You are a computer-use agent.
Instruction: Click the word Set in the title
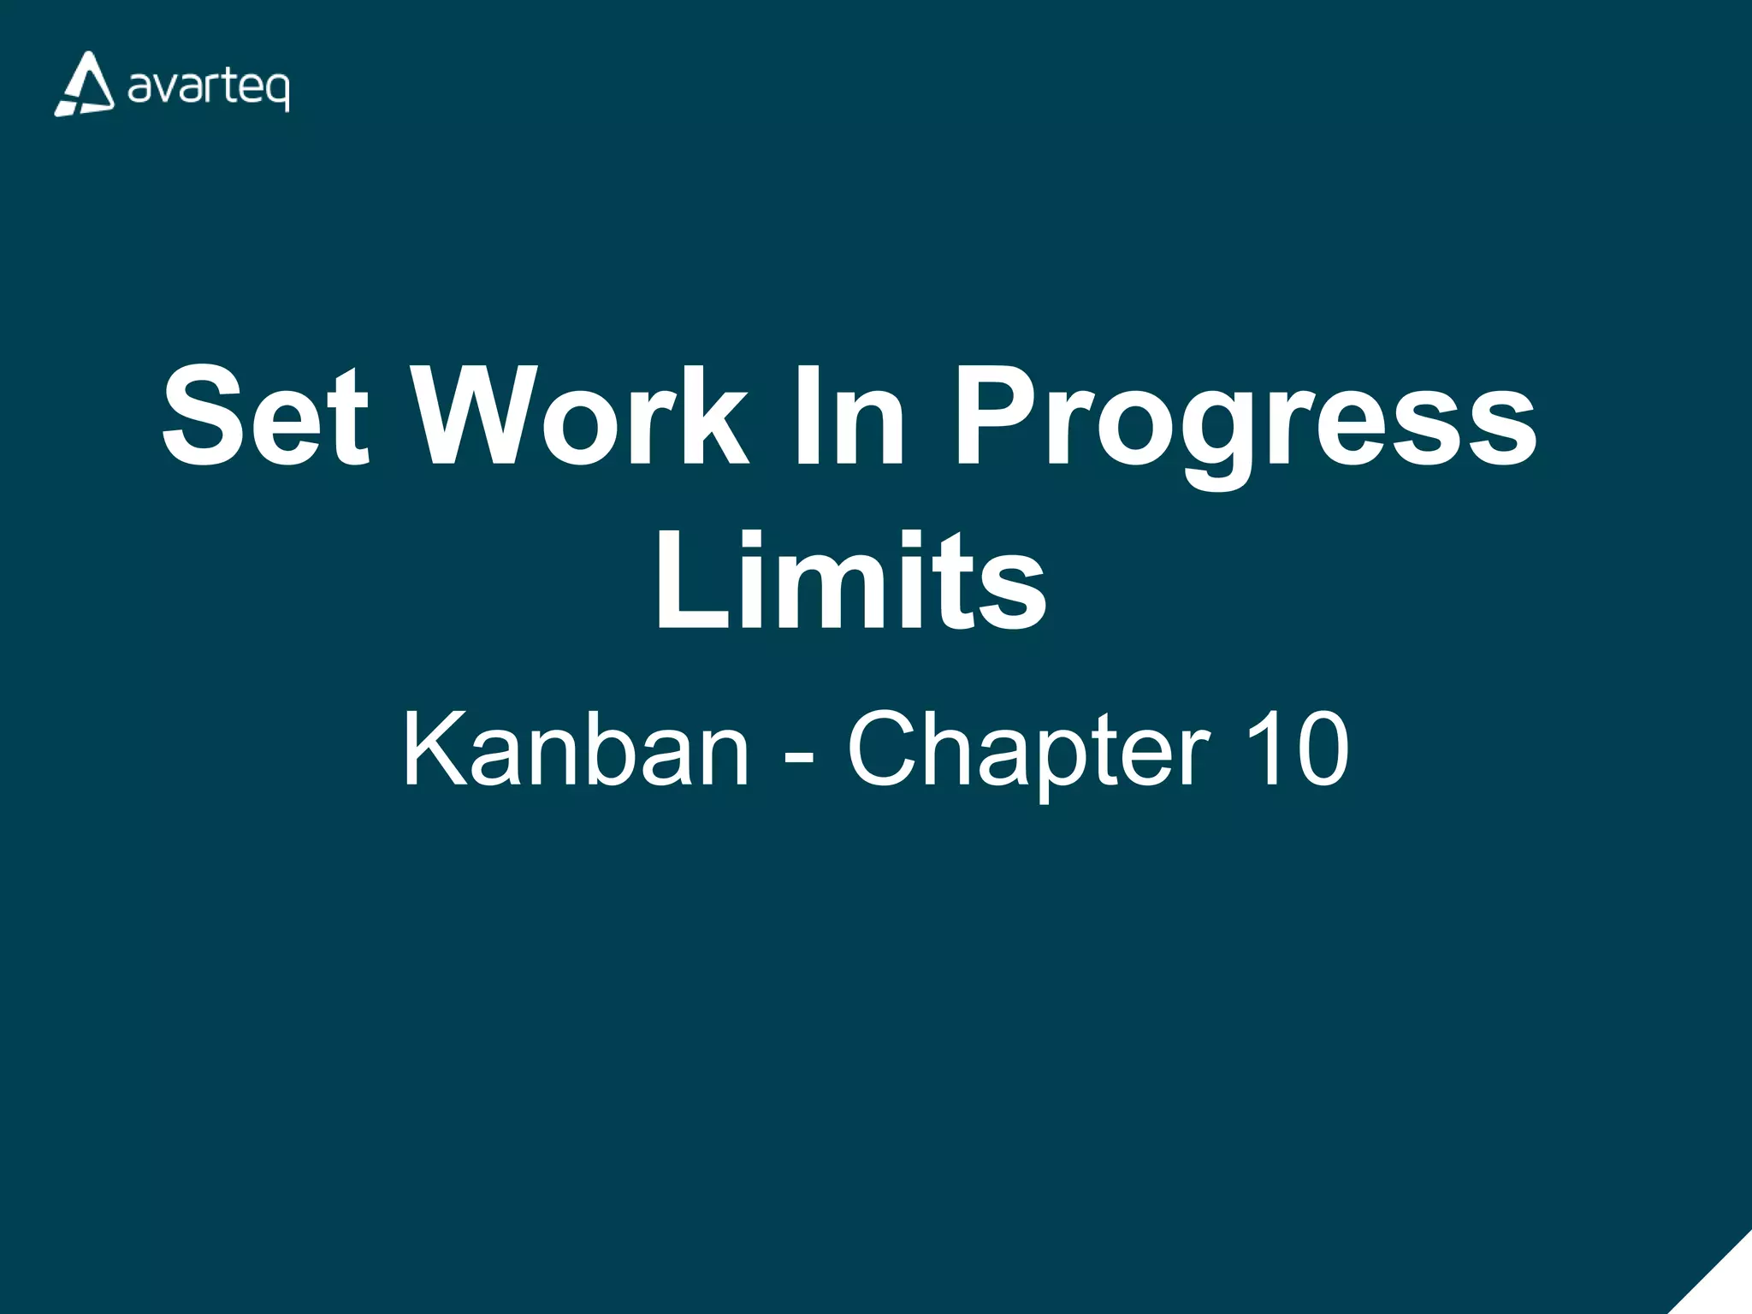point(266,417)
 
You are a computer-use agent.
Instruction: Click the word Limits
point(850,581)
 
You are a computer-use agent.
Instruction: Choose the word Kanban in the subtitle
point(576,749)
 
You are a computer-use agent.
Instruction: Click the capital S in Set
point(204,417)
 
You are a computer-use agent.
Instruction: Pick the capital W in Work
point(478,417)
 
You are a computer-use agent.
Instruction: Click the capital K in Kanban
point(435,749)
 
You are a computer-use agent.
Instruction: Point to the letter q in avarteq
point(277,92)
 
